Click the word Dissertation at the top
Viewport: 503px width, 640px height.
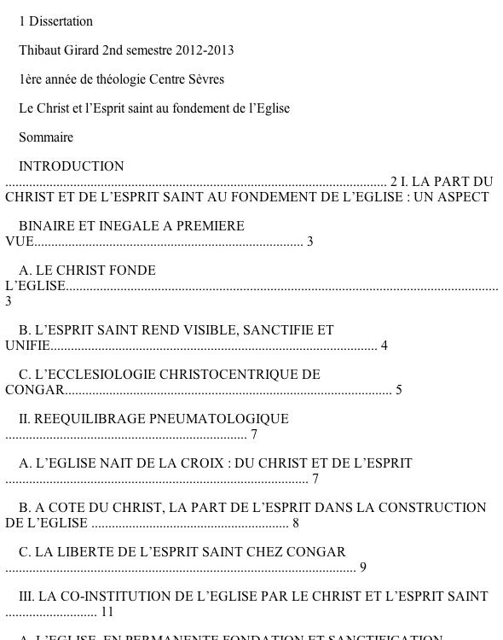click(x=61, y=21)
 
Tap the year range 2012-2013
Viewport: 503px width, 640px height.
click(x=205, y=50)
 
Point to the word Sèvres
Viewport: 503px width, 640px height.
click(x=205, y=79)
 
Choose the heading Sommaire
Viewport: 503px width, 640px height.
click(x=46, y=137)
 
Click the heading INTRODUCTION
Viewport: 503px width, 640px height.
click(x=72, y=166)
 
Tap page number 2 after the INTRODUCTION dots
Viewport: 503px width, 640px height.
click(x=394, y=182)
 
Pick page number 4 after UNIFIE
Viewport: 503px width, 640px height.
click(x=384, y=346)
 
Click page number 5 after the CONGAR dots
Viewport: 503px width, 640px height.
click(x=399, y=390)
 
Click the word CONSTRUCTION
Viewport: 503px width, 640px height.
click(x=433, y=508)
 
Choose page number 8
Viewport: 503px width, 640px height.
click(x=296, y=523)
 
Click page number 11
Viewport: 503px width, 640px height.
click(x=107, y=612)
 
